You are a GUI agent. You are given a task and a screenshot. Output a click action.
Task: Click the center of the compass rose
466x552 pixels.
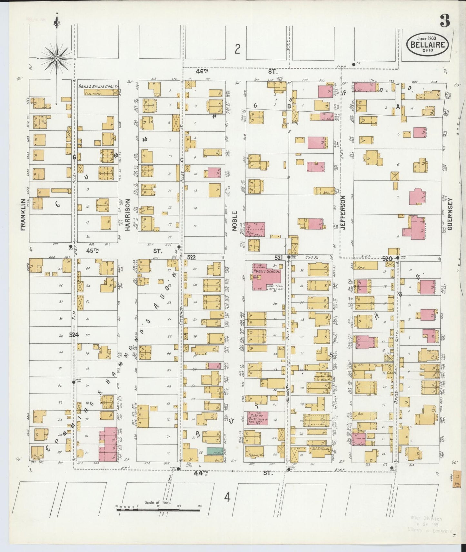click(57, 58)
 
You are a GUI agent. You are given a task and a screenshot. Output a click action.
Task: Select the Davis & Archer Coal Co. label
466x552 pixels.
click(99, 87)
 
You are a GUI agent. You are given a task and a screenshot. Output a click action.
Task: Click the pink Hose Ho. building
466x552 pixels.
click(257, 419)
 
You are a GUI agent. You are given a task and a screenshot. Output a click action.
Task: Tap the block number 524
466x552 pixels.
click(74, 335)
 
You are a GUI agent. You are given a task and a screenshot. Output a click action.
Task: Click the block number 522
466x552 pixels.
click(192, 257)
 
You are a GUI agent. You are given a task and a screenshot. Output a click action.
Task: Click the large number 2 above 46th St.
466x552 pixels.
click(238, 49)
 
